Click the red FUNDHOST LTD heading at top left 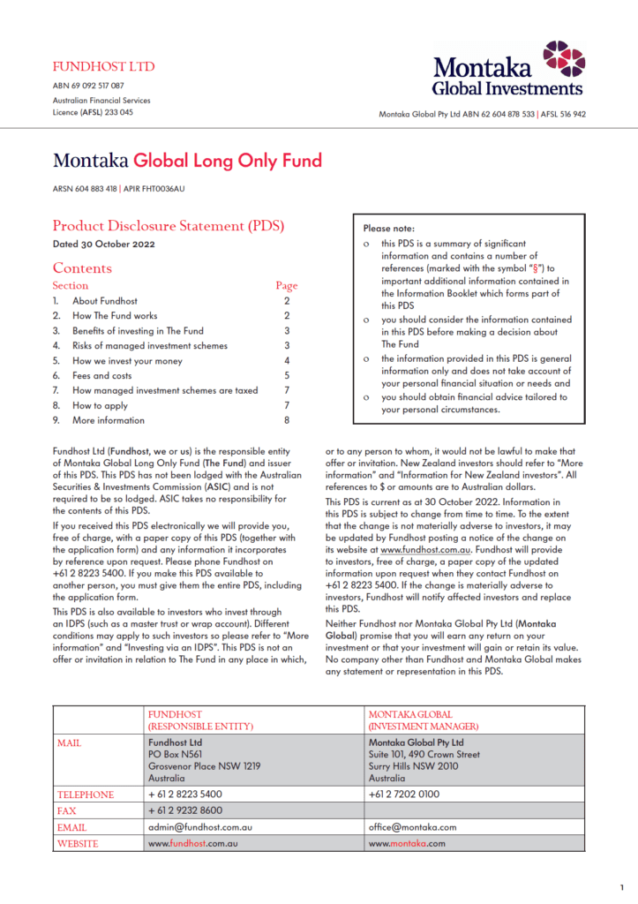click(x=103, y=67)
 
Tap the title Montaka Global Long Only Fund click(x=187, y=161)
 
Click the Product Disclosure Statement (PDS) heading click(x=168, y=226)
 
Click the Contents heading click(x=82, y=268)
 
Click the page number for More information click(x=287, y=420)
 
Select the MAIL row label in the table click(x=71, y=742)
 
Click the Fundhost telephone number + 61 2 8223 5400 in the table click(x=185, y=795)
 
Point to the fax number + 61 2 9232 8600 click(x=185, y=810)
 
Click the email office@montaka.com click(x=412, y=827)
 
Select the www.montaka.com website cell click(x=407, y=843)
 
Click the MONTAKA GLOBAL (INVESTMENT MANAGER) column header click(x=424, y=719)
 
